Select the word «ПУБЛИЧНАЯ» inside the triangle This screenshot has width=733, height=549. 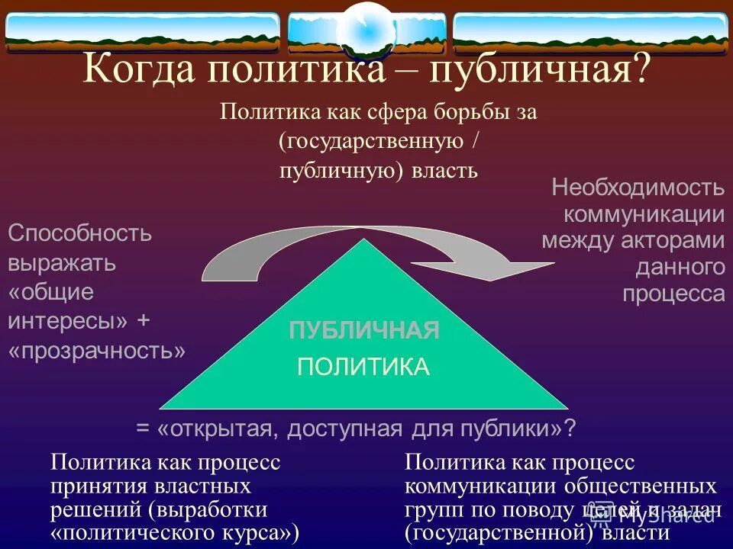[x=364, y=331]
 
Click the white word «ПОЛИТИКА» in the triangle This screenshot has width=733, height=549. [x=364, y=367]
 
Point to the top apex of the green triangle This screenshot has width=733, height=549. [x=365, y=241]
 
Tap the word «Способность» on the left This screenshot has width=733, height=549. [x=80, y=233]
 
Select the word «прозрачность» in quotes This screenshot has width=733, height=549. [x=97, y=350]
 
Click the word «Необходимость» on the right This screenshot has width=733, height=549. [x=638, y=187]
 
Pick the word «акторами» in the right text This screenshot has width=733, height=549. [x=680, y=241]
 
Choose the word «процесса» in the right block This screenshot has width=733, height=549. [x=673, y=294]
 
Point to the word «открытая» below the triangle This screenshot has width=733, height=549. [x=221, y=429]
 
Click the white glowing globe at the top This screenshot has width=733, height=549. [x=366, y=28]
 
